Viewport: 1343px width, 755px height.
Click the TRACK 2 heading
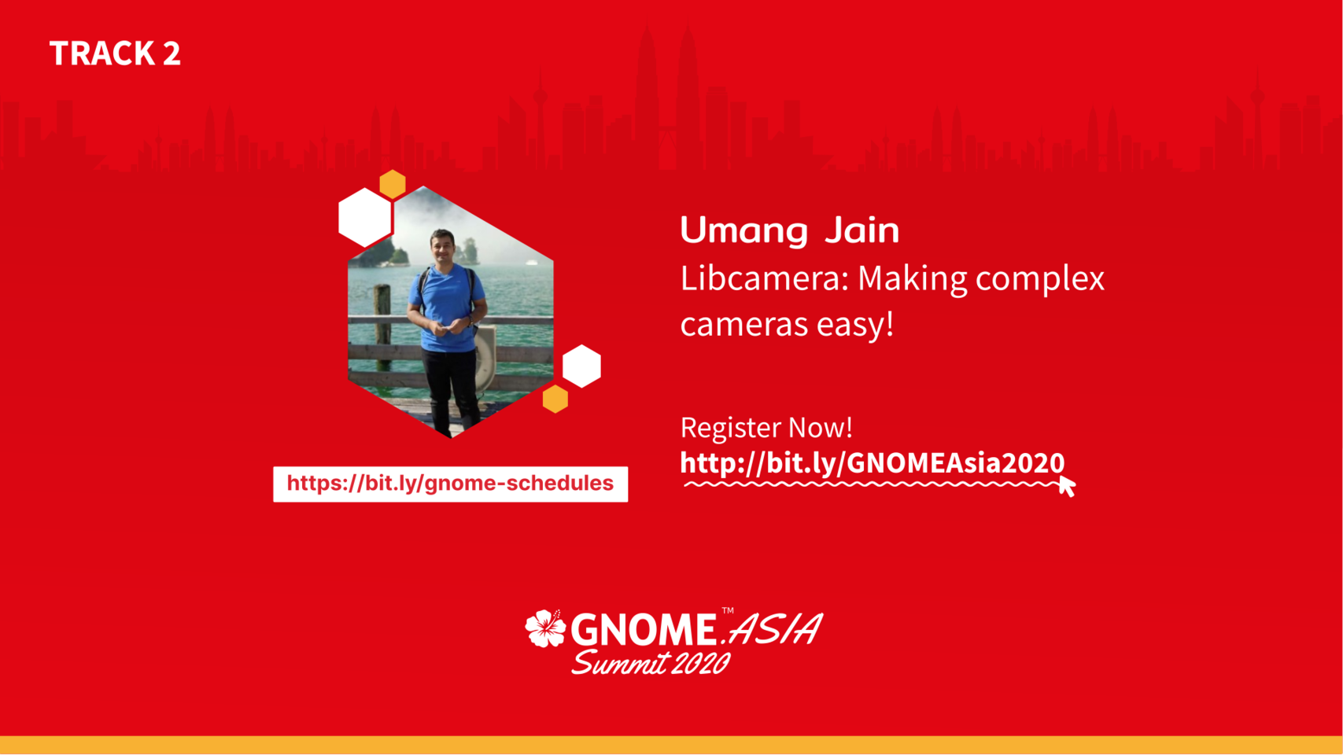pyautogui.click(x=115, y=53)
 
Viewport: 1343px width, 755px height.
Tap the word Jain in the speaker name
pyautogui.click(x=862, y=230)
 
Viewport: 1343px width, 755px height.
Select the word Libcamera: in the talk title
pyautogui.click(x=765, y=278)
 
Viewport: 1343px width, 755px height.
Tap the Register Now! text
pyautogui.click(x=766, y=427)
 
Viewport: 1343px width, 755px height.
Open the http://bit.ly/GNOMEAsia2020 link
pyautogui.click(x=873, y=463)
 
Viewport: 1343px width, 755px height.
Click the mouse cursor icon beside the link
pyautogui.click(x=1067, y=486)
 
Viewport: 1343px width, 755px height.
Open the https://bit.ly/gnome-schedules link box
pyautogui.click(x=450, y=484)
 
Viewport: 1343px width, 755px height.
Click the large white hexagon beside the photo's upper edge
pyautogui.click(x=364, y=218)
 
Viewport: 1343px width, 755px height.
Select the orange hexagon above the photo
pyautogui.click(x=393, y=184)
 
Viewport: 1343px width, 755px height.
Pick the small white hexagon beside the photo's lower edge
pyautogui.click(x=581, y=366)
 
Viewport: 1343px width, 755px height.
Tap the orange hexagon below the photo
pyautogui.click(x=555, y=399)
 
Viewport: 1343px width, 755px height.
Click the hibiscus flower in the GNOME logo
pyautogui.click(x=545, y=628)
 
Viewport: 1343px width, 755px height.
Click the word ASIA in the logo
pyautogui.click(x=776, y=628)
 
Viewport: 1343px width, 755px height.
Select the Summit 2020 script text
pyautogui.click(x=651, y=663)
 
